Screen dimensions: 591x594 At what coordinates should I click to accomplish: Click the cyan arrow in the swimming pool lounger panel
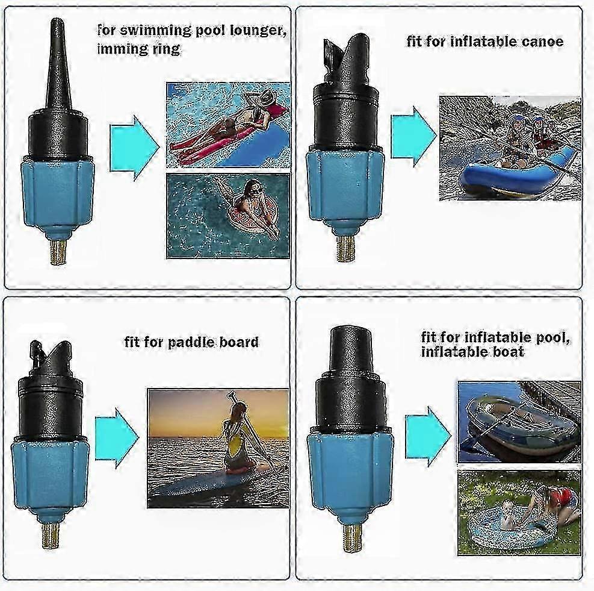tap(134, 146)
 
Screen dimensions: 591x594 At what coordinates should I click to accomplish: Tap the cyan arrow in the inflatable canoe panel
tap(413, 137)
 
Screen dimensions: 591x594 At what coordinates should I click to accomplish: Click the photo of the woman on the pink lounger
tap(228, 125)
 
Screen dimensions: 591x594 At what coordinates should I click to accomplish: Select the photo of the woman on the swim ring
tap(228, 216)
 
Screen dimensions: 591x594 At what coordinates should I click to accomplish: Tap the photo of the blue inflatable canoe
tap(510, 148)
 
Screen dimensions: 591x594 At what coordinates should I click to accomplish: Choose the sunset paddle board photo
tap(218, 448)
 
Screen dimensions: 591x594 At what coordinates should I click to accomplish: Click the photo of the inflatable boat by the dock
tap(519, 422)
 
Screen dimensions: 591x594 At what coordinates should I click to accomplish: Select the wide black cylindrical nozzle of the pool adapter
tap(350, 349)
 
